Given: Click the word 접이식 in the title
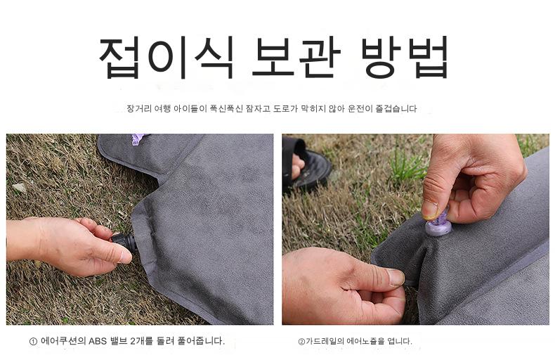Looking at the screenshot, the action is tap(166, 57).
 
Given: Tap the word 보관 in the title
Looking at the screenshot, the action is tap(296, 57).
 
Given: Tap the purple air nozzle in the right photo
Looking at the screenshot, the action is tap(438, 223).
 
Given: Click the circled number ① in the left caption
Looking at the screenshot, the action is tap(33, 342).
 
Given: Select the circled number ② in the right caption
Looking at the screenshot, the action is tap(301, 342).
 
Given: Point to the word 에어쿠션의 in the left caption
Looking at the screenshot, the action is tap(63, 341).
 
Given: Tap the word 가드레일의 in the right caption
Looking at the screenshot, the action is tap(325, 341).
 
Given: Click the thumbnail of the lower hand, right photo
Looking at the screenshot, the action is tap(396, 278).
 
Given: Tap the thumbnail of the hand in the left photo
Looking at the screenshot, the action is tap(125, 256).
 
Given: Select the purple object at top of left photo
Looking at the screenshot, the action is tap(137, 139).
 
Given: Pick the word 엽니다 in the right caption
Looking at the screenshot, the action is tap(400, 341).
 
